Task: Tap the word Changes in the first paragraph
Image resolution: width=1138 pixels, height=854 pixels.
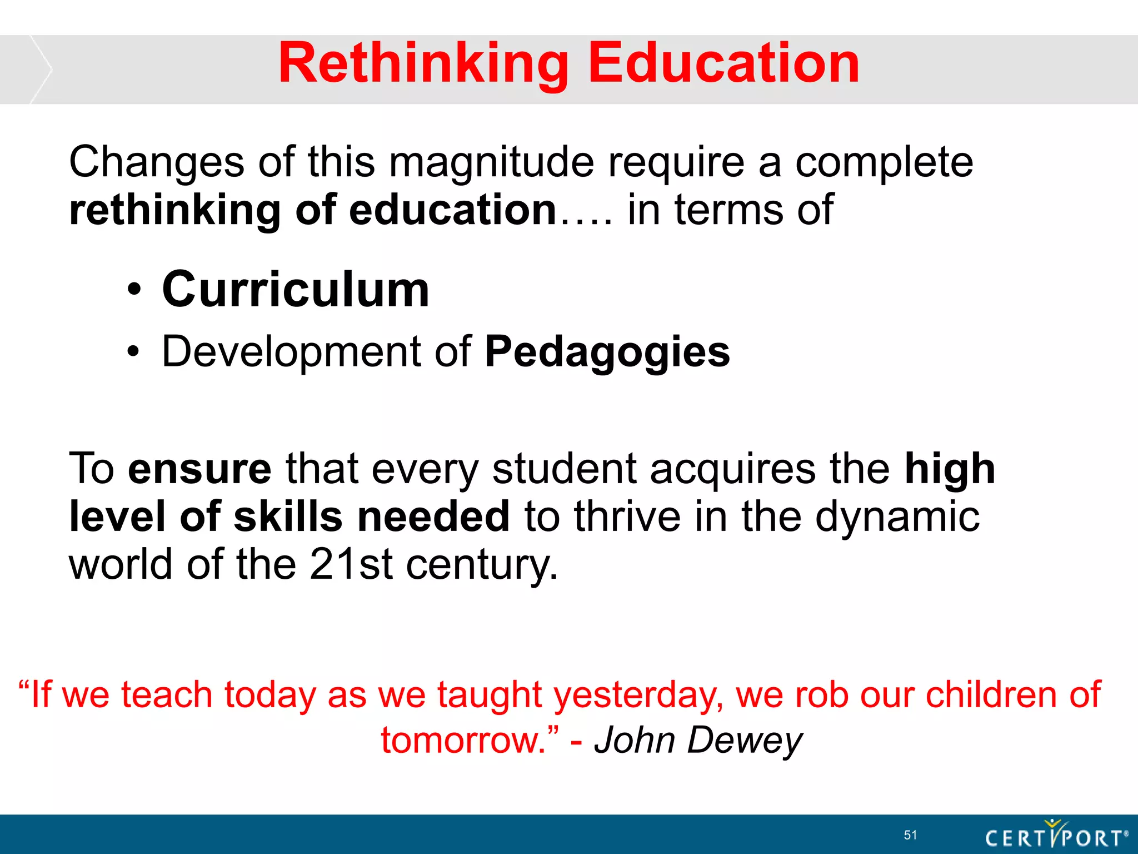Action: coord(156,162)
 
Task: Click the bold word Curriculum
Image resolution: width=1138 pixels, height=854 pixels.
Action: coord(296,290)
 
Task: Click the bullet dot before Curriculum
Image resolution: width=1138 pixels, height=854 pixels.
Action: coord(133,290)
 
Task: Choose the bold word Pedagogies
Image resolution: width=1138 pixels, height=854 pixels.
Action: coord(607,353)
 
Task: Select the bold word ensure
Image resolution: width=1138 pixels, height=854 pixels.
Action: coord(199,469)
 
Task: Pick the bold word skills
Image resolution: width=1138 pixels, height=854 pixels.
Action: coord(288,517)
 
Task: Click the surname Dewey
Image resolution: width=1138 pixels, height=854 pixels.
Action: coord(745,741)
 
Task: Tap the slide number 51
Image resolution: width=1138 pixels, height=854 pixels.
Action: coord(910,835)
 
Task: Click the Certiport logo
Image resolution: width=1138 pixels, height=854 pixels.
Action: coord(1056,835)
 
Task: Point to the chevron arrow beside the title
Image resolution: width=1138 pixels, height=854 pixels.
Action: coord(40,69)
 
